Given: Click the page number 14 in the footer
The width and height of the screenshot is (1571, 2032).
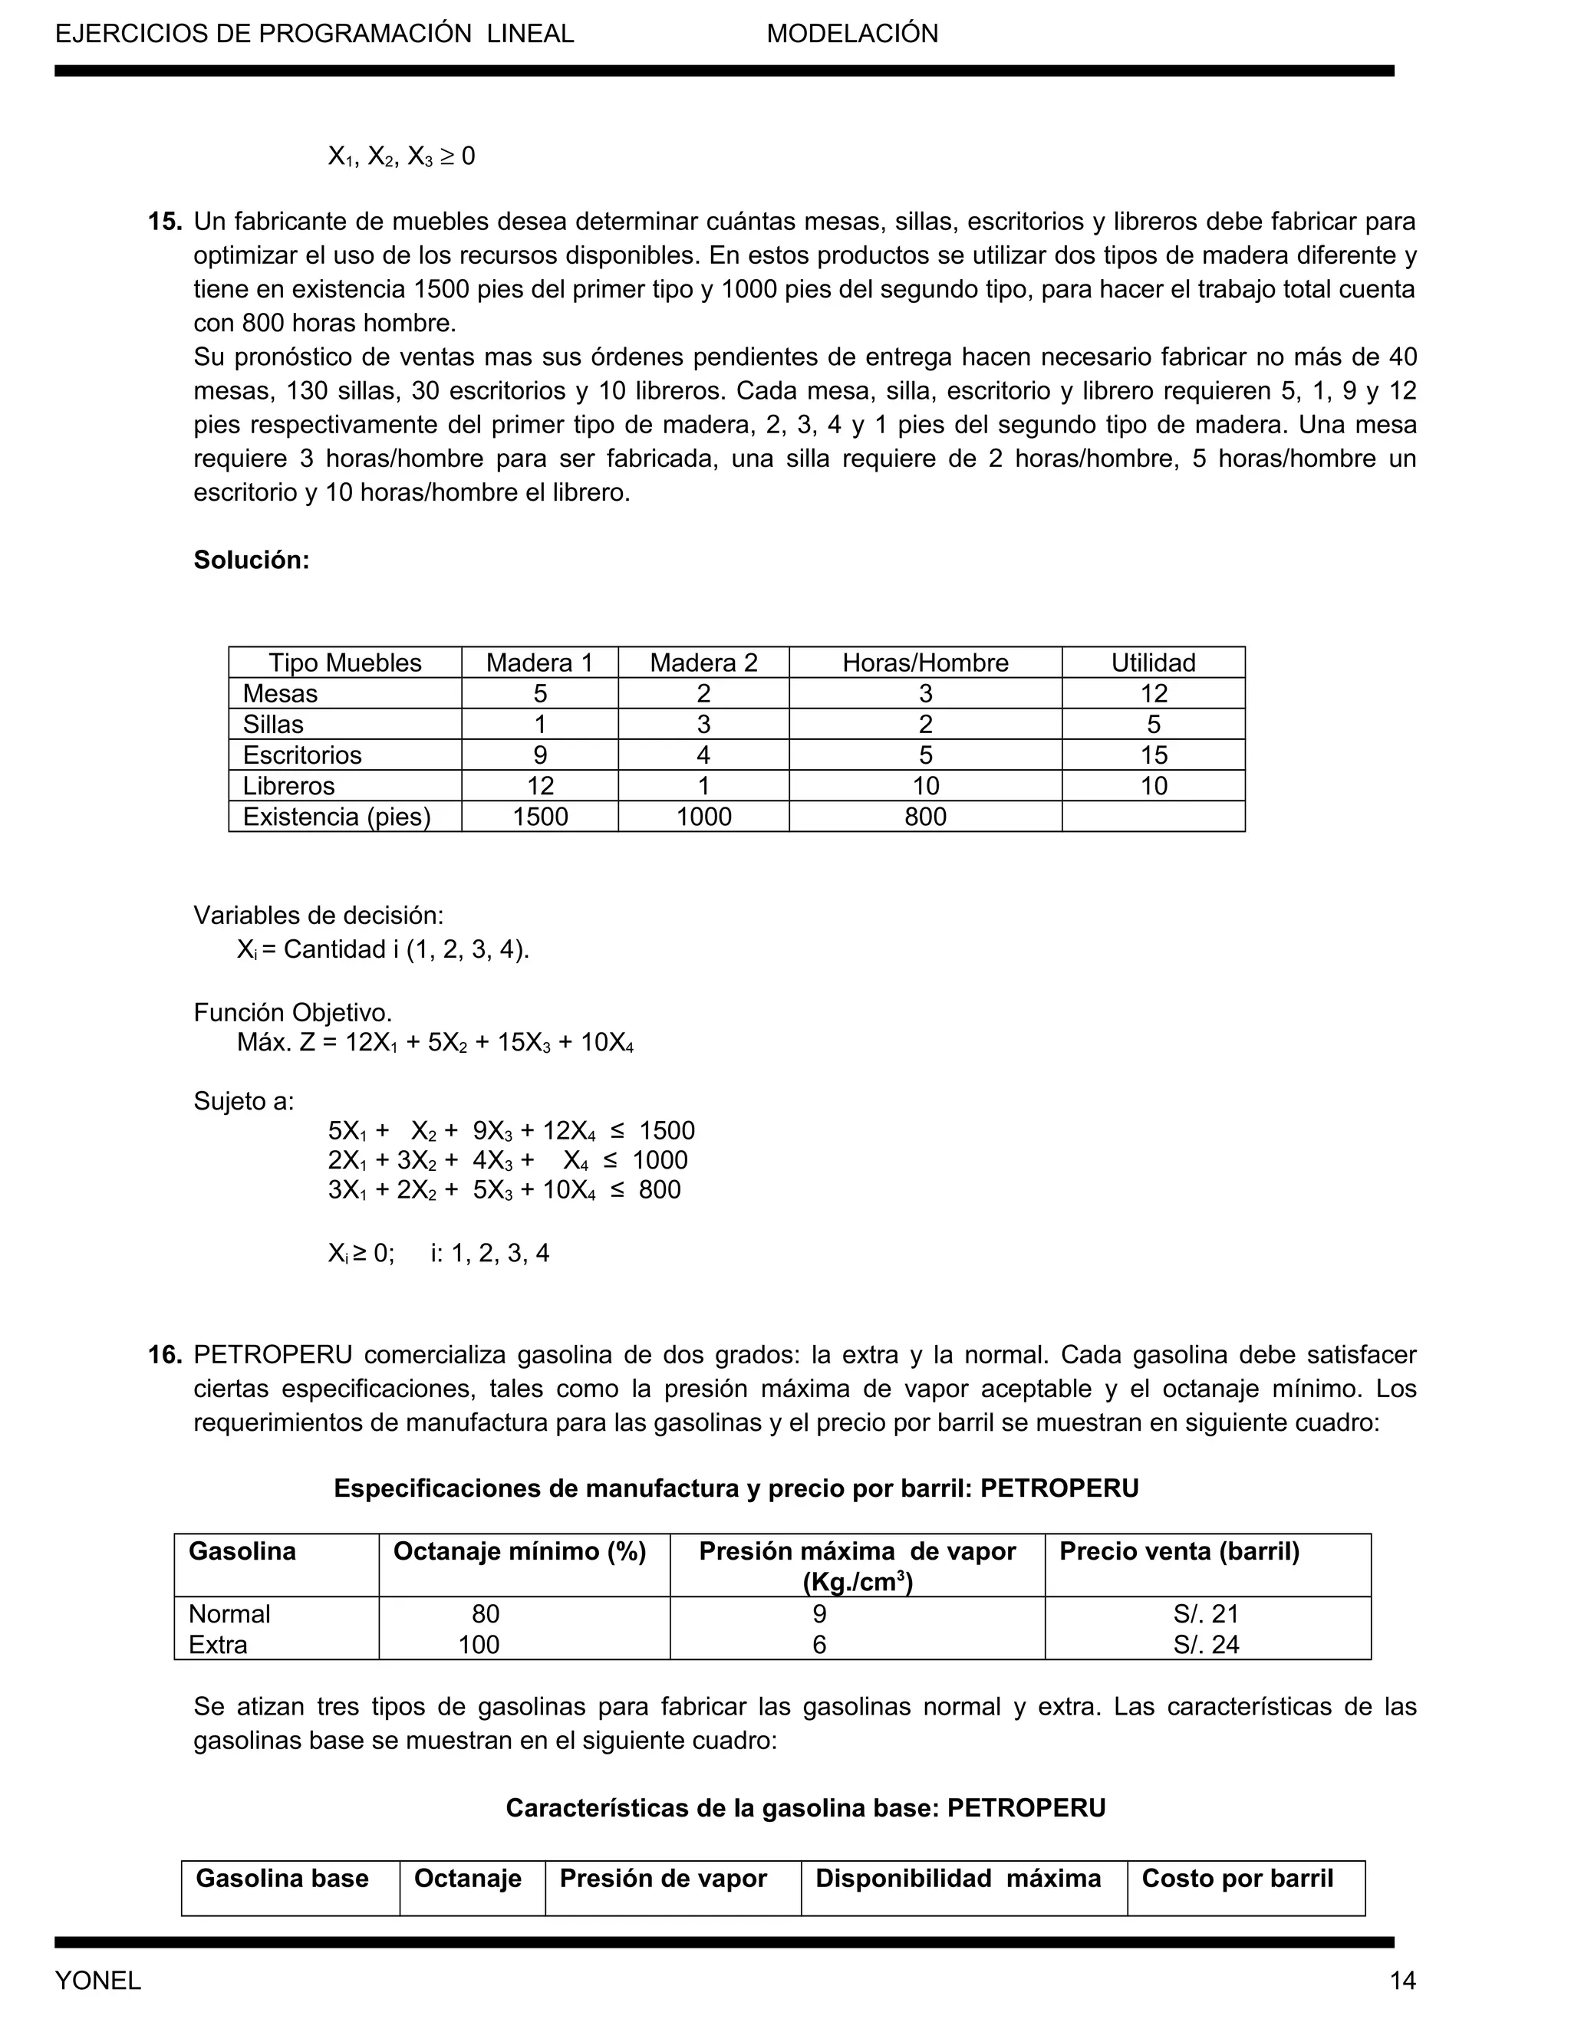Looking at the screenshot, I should click(x=1402, y=1980).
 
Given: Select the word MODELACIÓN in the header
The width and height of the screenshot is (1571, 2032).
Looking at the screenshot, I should click(x=851, y=35).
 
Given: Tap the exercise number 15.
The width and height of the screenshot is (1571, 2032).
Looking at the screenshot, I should click(x=165, y=222).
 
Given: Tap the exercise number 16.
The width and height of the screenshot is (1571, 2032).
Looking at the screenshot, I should click(x=165, y=1355).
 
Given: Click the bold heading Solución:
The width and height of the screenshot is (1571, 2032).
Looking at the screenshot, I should click(x=252, y=560).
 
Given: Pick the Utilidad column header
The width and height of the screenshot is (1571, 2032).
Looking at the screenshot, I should click(x=1152, y=663).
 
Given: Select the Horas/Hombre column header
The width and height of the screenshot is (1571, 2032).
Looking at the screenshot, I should click(x=925, y=663).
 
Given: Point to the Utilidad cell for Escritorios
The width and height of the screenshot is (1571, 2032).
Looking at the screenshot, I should click(x=1153, y=755).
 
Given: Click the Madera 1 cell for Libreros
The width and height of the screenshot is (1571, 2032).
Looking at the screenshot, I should click(x=540, y=785).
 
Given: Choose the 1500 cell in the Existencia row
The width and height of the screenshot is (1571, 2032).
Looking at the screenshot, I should click(x=540, y=816).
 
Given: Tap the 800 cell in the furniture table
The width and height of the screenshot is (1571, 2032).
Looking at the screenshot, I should click(x=925, y=816).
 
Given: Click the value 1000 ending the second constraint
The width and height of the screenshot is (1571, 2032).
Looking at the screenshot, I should click(x=660, y=1160).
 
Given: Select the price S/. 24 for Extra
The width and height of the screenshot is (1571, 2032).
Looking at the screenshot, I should click(x=1206, y=1644).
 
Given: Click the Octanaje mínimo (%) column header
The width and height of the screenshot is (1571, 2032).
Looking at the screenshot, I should click(x=519, y=1551).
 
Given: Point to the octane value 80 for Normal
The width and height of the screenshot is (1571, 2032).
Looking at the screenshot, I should click(x=485, y=1613).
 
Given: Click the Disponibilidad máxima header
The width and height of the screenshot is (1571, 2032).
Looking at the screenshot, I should click(x=957, y=1878).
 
